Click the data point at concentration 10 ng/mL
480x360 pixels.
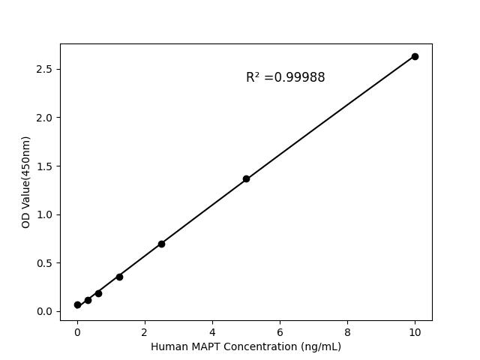(x=415, y=56)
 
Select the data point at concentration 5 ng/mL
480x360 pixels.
(x=246, y=178)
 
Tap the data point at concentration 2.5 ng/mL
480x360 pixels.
(x=161, y=244)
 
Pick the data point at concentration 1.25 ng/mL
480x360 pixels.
(x=119, y=277)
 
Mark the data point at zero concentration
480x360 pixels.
(x=77, y=304)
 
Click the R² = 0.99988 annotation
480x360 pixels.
(x=285, y=77)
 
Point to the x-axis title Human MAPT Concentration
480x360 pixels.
(x=246, y=346)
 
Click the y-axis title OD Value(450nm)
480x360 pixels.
(x=26, y=182)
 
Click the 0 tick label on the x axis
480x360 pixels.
(x=77, y=331)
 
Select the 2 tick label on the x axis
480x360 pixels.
(x=145, y=331)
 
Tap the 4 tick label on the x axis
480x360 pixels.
(x=212, y=331)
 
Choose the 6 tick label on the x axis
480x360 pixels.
(x=280, y=331)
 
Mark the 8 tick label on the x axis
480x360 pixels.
(x=347, y=331)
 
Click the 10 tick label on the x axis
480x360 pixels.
(x=415, y=331)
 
